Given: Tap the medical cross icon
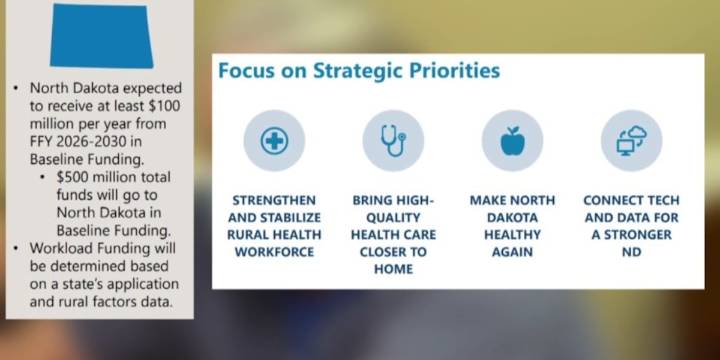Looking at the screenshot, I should pyautogui.click(x=274, y=140).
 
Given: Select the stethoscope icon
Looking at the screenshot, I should pyautogui.click(x=393, y=140).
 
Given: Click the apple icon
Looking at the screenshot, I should pyautogui.click(x=512, y=141).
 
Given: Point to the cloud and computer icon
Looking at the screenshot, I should pyautogui.click(x=632, y=141).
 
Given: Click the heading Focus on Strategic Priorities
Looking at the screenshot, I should pyautogui.click(x=359, y=71).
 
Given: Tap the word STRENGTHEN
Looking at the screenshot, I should pyautogui.click(x=274, y=201).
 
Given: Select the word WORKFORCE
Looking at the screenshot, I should pyautogui.click(x=274, y=252).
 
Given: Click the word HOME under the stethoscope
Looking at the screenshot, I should pyautogui.click(x=393, y=269).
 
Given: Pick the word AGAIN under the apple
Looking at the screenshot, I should pyautogui.click(x=512, y=252).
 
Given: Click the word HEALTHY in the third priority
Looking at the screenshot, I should pyautogui.click(x=512, y=235).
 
